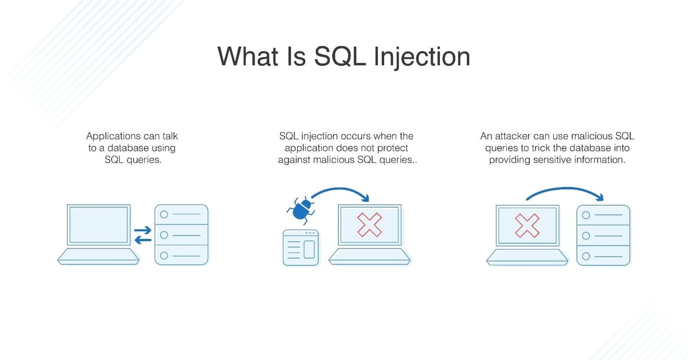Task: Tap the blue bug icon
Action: pos(300,209)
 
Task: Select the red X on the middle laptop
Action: pos(370,224)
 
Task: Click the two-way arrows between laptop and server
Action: pos(143,235)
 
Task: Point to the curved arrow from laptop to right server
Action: pos(565,191)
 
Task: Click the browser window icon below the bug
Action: pos(301,248)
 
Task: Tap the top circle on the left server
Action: pos(164,214)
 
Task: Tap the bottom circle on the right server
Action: pos(586,256)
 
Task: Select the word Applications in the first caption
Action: pos(114,136)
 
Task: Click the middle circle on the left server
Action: pos(164,235)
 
